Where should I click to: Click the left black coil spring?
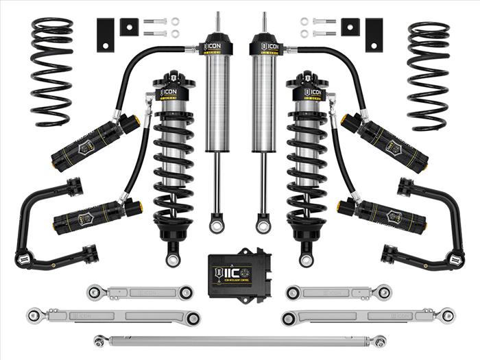52,72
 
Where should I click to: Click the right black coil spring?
428,75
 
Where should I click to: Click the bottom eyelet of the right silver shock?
263,224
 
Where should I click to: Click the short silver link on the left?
141,293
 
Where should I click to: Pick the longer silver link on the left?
113,316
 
